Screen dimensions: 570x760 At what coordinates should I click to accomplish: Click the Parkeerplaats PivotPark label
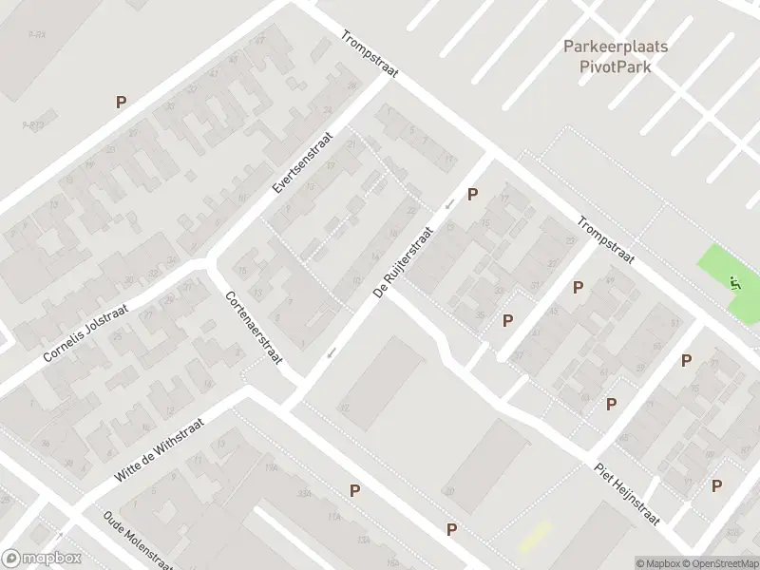(616, 55)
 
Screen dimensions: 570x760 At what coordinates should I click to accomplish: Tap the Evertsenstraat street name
(303, 162)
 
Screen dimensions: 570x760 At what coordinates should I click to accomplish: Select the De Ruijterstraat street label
(404, 262)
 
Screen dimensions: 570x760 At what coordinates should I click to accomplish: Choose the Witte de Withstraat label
(160, 450)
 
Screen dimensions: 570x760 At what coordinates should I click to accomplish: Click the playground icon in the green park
(734, 282)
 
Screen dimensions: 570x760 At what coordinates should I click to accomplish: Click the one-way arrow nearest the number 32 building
(331, 354)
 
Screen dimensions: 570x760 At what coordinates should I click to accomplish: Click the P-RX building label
(37, 34)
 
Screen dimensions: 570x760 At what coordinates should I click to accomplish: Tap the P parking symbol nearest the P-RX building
(121, 102)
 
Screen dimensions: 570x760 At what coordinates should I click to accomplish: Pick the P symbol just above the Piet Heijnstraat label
(612, 404)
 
